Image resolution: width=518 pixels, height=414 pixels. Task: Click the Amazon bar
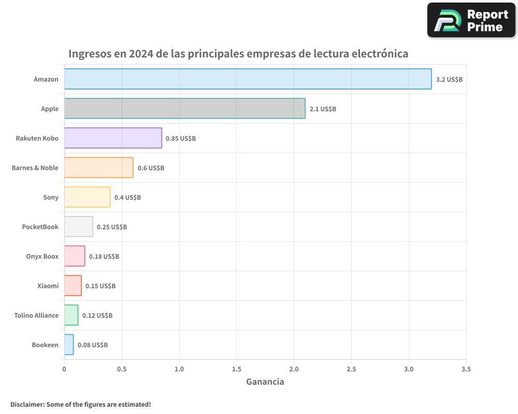(248, 79)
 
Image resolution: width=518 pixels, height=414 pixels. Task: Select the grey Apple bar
(184, 109)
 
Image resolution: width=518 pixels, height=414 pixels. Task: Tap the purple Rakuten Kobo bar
(113, 138)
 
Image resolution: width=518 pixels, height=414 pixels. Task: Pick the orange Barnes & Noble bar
(98, 168)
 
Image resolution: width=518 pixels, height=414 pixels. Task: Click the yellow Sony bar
(87, 197)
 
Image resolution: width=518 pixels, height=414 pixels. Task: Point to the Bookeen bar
(69, 345)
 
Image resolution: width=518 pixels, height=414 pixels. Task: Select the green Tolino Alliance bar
(71, 315)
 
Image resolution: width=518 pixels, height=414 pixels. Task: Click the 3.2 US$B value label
(449, 80)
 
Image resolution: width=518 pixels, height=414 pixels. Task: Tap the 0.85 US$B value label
(181, 139)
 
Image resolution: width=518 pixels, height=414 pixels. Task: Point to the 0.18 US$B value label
(104, 257)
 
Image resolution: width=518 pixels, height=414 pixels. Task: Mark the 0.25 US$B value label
(112, 227)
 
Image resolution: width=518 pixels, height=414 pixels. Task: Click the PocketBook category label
(40, 227)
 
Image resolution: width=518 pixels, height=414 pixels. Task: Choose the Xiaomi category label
(48, 286)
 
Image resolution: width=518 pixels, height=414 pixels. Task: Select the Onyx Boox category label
(42, 257)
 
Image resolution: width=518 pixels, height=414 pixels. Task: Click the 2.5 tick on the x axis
(351, 369)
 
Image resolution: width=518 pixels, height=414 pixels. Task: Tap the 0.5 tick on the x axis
(122, 369)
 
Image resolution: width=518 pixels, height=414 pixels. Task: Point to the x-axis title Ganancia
(265, 382)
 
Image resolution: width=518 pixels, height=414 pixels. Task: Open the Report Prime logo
(471, 20)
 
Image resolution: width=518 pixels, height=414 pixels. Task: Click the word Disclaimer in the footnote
(26, 404)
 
